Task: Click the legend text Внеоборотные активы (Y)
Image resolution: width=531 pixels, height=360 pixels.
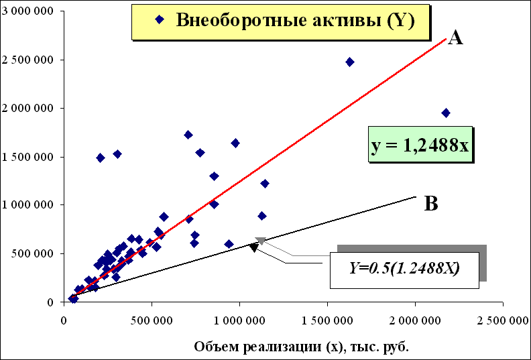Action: click(296, 19)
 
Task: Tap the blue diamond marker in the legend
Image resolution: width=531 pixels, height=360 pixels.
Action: click(159, 19)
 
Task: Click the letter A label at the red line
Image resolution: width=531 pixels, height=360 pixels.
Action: click(455, 38)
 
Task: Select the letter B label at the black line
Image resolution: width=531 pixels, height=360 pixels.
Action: click(432, 204)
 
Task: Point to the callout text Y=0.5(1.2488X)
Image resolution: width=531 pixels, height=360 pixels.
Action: click(404, 269)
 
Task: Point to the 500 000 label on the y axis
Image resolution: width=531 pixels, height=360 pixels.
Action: click(34, 253)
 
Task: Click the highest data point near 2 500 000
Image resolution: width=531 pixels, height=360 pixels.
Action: click(349, 62)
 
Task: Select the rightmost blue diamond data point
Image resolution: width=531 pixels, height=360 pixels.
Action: click(446, 113)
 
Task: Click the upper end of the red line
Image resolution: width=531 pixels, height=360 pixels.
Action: click(445, 39)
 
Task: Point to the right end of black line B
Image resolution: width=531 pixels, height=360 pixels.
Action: click(416, 196)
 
